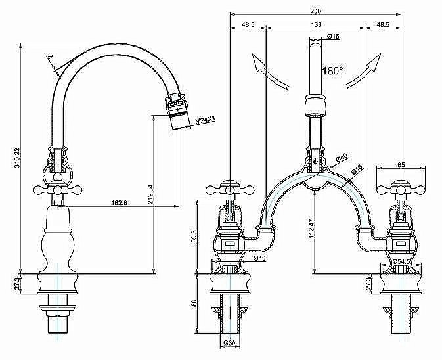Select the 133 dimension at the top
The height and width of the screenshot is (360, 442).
click(x=317, y=25)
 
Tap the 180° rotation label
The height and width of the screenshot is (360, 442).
click(x=332, y=70)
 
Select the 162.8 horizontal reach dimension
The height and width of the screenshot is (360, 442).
click(x=120, y=203)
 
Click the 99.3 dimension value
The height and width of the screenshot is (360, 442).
click(x=194, y=235)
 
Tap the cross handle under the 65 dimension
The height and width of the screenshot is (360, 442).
click(x=400, y=189)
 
